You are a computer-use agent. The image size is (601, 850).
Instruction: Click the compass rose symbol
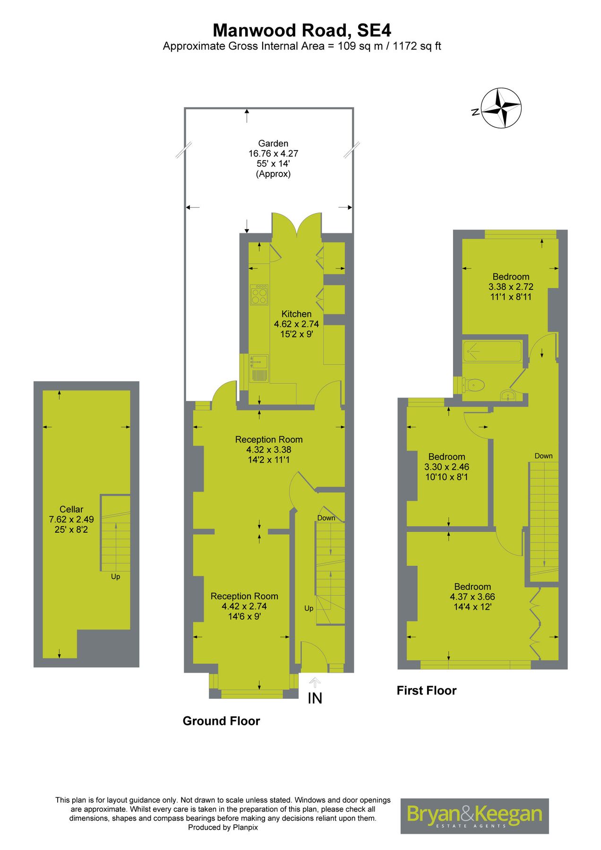pos(501,108)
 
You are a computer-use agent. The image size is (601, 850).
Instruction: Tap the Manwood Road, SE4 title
pos(301,31)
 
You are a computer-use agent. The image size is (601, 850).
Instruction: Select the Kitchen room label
pos(296,314)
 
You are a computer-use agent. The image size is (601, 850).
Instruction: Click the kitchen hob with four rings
pos(259,295)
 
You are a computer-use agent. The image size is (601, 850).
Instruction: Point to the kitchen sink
pos(259,362)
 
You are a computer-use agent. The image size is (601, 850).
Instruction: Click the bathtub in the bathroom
pos(492,351)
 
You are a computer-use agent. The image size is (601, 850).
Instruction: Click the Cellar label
pos(71,509)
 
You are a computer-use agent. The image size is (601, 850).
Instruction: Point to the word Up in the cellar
pos(115,577)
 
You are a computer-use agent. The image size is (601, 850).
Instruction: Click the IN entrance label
pos(315,698)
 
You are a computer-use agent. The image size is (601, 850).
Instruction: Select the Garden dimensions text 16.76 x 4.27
pos(273,153)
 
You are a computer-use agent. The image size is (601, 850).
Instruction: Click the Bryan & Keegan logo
pos(474,816)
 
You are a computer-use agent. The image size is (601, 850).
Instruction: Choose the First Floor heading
pos(426,690)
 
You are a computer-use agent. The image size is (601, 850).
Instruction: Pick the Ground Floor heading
pos(221,721)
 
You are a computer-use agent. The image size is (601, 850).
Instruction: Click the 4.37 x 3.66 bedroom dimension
pos(472,597)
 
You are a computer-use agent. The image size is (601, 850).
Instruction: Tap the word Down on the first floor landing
pos(543,456)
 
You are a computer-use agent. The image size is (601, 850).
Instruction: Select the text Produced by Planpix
pos(223,827)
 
